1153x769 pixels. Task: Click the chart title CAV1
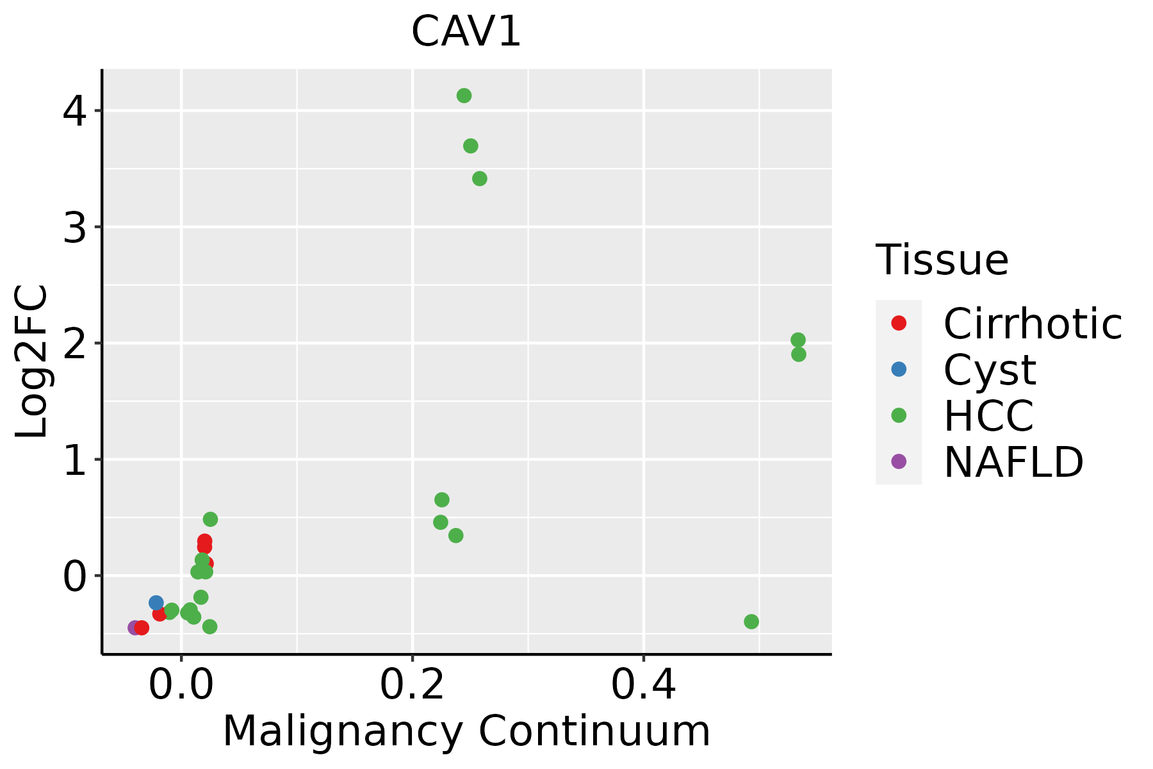[466, 32]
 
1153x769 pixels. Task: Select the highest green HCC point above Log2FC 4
[464, 95]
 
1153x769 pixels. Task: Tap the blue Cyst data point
[156, 602]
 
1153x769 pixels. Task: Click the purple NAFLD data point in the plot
[135, 627]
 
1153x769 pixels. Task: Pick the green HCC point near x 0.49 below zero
[751, 621]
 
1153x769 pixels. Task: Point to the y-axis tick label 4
[75, 112]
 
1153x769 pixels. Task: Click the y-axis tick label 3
[75, 227]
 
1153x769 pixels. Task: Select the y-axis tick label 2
[75, 343]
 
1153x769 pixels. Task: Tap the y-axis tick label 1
[75, 460]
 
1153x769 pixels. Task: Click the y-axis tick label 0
[75, 576]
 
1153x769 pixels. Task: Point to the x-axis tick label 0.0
[181, 685]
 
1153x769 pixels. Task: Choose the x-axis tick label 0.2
[413, 685]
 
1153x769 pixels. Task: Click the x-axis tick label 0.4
[644, 685]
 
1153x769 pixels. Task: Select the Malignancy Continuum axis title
[466, 731]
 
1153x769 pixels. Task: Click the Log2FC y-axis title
[32, 361]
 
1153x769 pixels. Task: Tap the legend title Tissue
[942, 260]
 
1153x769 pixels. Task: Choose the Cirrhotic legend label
[1032, 324]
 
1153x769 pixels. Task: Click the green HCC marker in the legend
[899, 415]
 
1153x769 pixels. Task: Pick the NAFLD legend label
[1013, 461]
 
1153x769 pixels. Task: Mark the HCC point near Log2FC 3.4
[480, 178]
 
